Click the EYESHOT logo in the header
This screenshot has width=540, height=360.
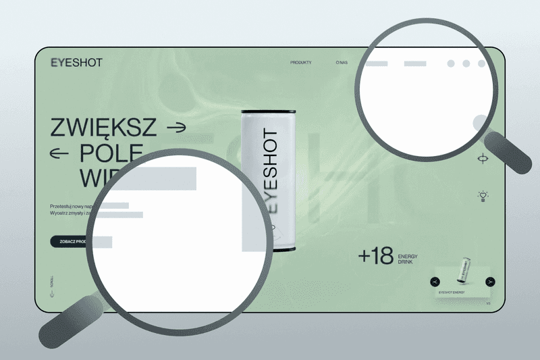pos(76,63)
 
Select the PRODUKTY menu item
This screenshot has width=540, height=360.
pos(301,63)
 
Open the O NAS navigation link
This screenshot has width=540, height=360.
pos(342,63)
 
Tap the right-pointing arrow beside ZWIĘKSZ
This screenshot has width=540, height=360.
pos(177,126)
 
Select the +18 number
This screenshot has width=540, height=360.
pos(375,256)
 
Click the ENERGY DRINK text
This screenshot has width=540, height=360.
pos(409,259)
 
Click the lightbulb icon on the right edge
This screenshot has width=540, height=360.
pos(483,196)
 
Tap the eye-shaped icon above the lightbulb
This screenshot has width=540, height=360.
pos(483,159)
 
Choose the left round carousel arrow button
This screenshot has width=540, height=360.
pos(436,282)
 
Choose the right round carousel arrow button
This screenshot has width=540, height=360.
pos(491,282)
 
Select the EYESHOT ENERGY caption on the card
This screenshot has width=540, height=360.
pos(453,292)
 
